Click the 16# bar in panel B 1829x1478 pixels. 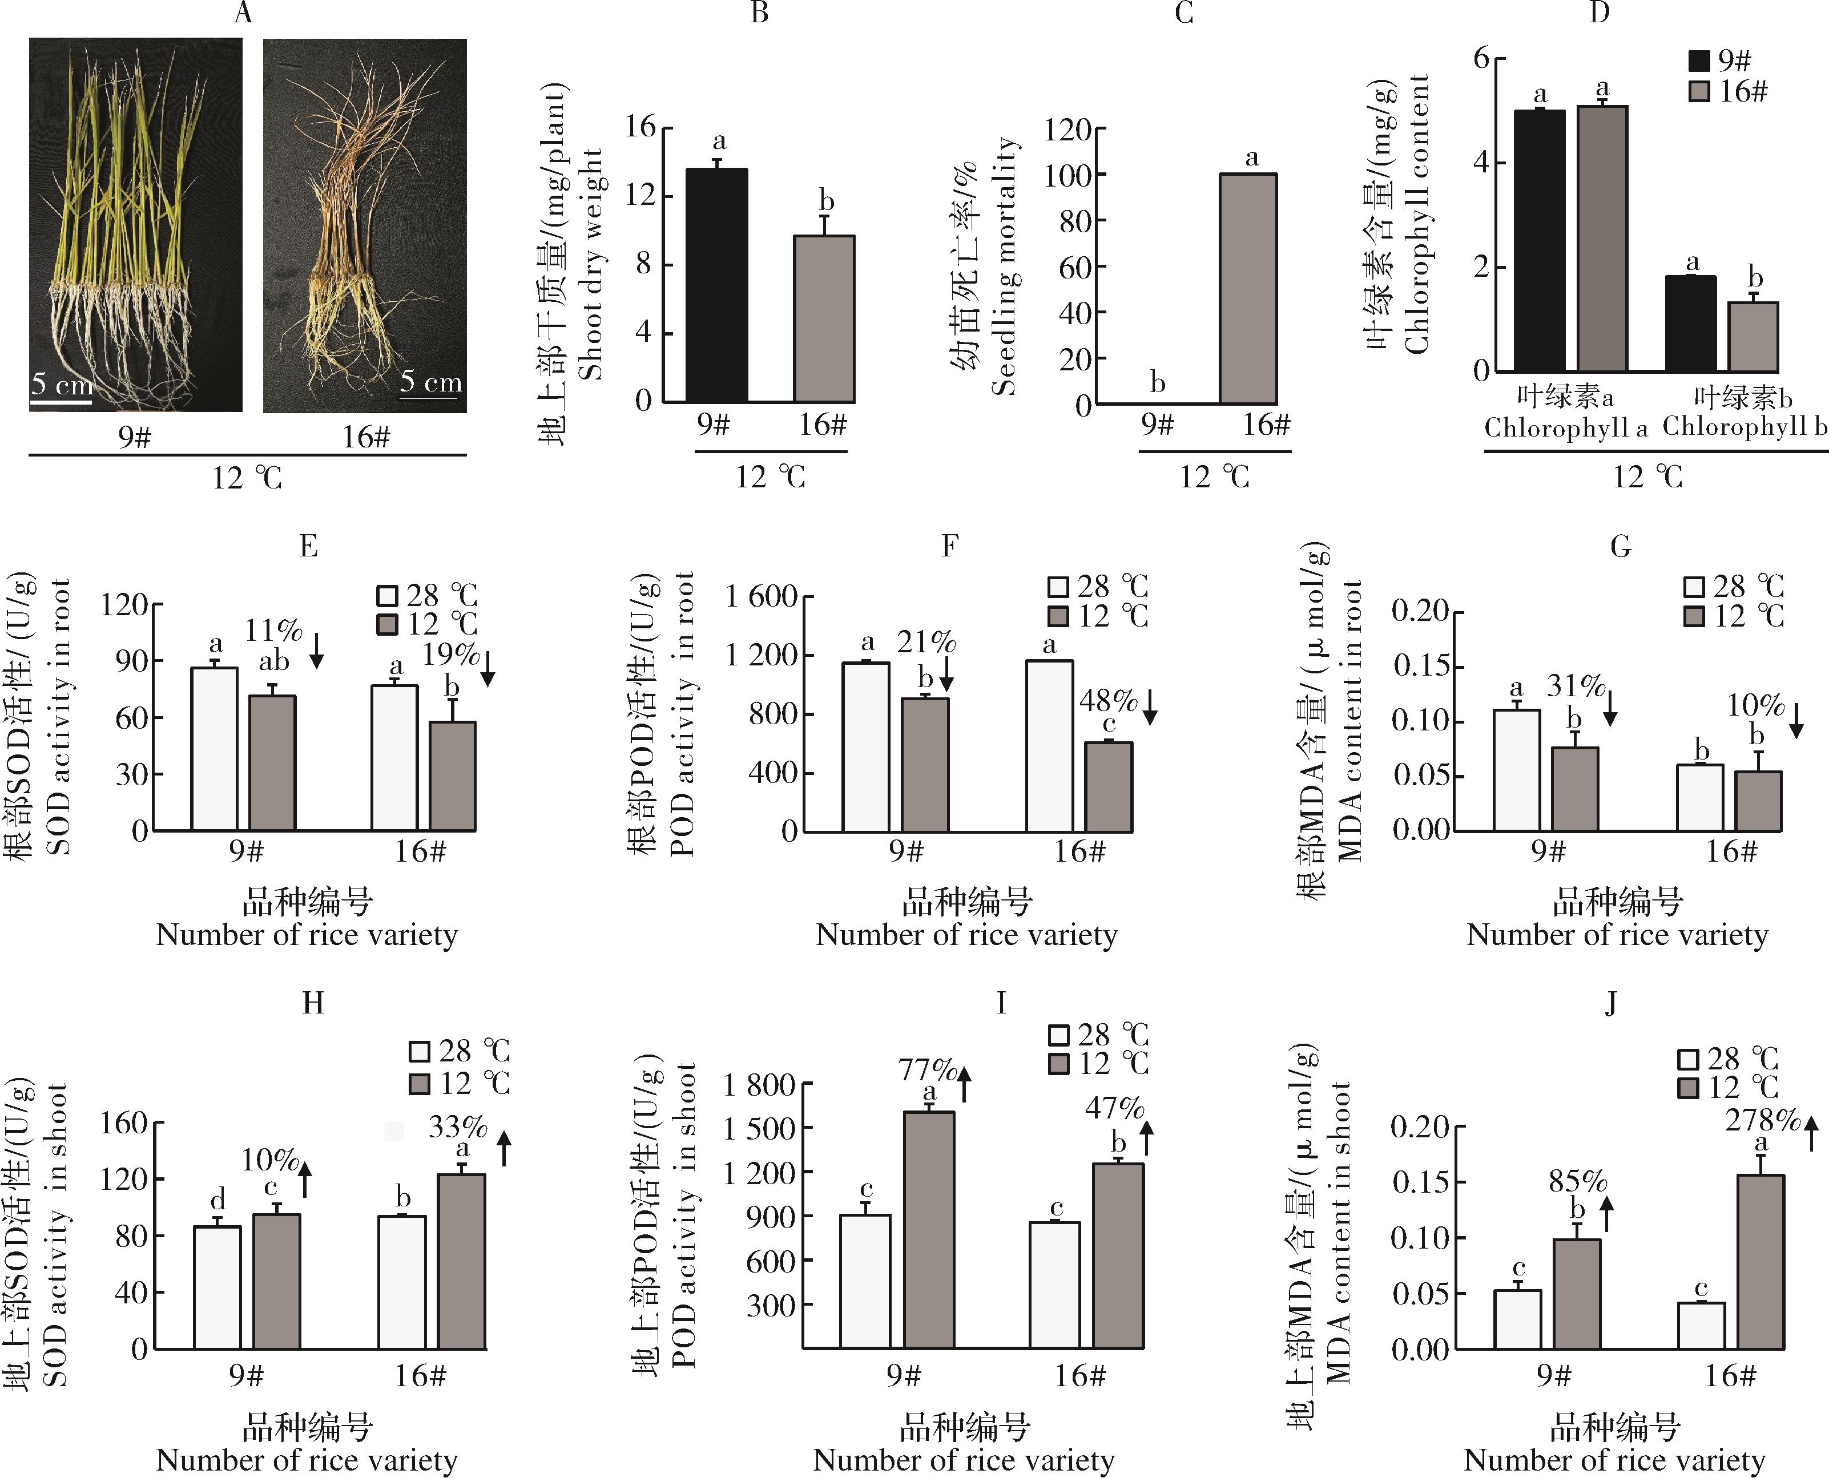pos(823,318)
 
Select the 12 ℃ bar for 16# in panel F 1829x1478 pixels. pos(1108,787)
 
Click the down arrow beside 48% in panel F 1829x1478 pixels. pos(1150,706)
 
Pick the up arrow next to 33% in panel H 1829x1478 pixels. pos(504,1148)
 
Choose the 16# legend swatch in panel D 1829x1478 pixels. pos(1699,92)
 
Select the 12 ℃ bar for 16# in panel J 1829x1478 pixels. pos(1760,1262)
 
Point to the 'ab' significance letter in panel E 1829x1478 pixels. pos(273,661)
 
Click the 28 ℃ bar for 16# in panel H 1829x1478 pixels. pos(402,1281)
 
